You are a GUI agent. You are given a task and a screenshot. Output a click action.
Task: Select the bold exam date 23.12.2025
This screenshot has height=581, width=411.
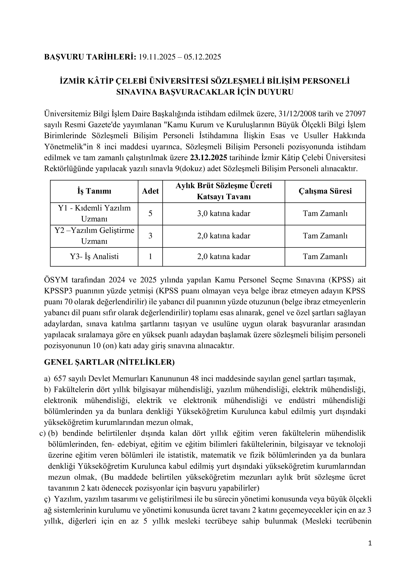click(x=209, y=158)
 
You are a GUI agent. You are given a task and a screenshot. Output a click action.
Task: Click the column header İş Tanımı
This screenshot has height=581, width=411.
click(x=94, y=191)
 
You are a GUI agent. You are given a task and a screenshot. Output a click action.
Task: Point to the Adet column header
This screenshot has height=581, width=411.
click(x=150, y=191)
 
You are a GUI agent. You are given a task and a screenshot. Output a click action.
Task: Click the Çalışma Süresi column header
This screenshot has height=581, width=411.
click(x=325, y=191)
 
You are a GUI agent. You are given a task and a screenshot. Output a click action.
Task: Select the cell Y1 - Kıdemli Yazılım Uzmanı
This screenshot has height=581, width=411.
click(x=94, y=213)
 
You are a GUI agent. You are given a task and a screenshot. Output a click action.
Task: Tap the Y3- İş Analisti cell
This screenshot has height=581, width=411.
click(x=94, y=257)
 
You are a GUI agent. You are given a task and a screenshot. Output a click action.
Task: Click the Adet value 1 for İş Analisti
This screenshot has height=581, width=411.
click(x=150, y=257)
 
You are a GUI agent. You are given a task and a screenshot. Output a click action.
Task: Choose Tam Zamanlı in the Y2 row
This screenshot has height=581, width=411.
click(x=325, y=236)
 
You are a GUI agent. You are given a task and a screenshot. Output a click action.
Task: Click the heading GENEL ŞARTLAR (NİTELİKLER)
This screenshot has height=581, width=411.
click(x=109, y=362)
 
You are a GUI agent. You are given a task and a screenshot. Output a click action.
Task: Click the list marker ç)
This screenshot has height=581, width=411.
click(x=47, y=499)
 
